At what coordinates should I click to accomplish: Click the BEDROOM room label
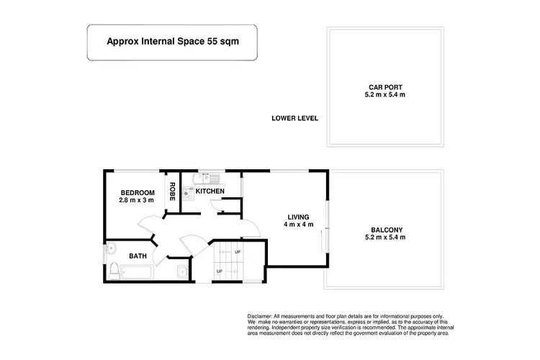138,192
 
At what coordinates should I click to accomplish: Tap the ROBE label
173,191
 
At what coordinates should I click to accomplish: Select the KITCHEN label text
210,191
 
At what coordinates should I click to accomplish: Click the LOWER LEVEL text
294,119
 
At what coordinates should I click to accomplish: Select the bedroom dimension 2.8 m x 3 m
138,201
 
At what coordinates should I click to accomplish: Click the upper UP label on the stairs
237,252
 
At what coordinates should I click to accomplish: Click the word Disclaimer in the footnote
258,317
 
